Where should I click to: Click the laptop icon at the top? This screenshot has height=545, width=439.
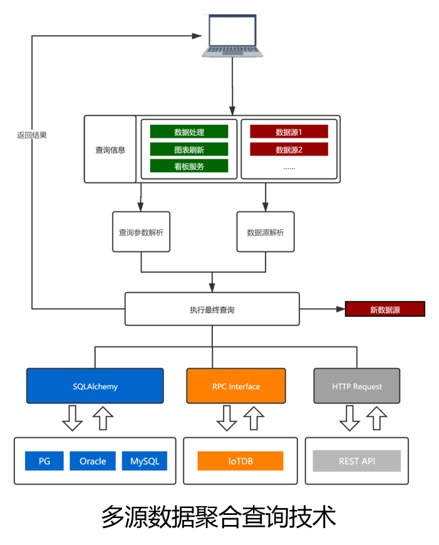click(232, 35)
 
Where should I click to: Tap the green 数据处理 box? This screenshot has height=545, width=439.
click(189, 132)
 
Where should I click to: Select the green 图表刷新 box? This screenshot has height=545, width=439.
click(189, 150)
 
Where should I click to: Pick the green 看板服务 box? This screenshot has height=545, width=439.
click(189, 167)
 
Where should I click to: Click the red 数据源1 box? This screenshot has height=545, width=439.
click(289, 132)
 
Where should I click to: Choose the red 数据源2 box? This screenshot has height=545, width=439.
click(289, 150)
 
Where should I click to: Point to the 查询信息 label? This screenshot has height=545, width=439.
click(110, 150)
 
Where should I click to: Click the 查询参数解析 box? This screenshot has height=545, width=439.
click(141, 232)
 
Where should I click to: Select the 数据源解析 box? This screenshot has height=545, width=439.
click(266, 232)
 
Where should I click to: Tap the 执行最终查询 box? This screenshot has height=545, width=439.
click(212, 309)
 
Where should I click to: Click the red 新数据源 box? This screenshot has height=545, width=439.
click(385, 309)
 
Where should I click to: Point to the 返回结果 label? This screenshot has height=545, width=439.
click(32, 135)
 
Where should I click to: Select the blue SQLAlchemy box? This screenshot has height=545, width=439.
click(95, 386)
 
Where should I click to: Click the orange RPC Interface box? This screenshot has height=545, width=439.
click(236, 386)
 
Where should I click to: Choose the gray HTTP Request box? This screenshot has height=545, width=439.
click(357, 386)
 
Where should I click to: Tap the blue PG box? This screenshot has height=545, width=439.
click(44, 461)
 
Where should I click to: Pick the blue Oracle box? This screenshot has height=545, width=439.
click(93, 461)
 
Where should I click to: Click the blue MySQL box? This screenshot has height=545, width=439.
click(145, 461)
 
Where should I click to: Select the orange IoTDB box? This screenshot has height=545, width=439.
click(240, 461)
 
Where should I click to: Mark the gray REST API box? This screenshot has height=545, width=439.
click(357, 461)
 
